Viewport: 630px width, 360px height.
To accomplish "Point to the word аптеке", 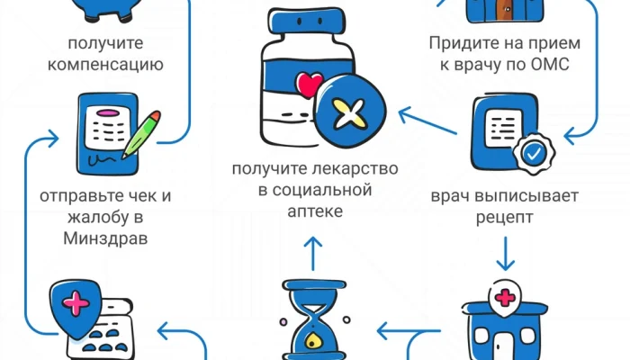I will click(x=314, y=211).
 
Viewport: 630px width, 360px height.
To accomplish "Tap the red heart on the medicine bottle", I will click(x=309, y=86).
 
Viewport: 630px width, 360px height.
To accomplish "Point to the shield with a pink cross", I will click(x=78, y=302).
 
